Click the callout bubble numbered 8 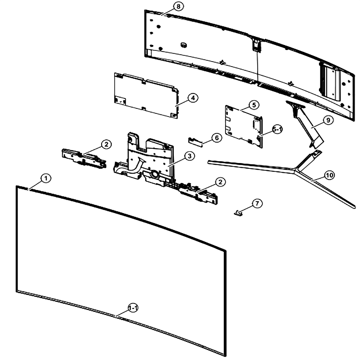click(x=179, y=6)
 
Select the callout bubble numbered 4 click(x=193, y=98)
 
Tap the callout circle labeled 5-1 click(x=278, y=130)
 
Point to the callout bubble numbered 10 click(x=329, y=175)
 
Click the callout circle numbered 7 click(x=257, y=203)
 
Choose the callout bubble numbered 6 click(x=217, y=138)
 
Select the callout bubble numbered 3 click(x=189, y=156)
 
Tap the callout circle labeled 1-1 click(x=133, y=308)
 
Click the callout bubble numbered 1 click(x=46, y=178)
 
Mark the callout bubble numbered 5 click(x=254, y=105)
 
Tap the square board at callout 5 click(x=244, y=126)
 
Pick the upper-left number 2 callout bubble click(x=106, y=144)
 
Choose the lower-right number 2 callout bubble click(x=220, y=182)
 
